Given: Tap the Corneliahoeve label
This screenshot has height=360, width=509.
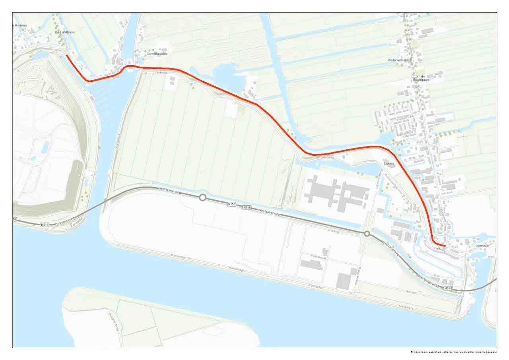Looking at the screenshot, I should [157, 54].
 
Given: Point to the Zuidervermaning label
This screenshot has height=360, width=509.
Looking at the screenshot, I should [400, 60].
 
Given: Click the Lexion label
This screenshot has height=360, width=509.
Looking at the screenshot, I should [389, 163].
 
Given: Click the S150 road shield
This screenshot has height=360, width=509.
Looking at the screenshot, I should [232, 204].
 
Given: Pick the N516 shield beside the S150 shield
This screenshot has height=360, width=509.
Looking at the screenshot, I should [247, 207].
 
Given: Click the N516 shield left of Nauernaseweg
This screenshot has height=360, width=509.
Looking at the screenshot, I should [45, 225].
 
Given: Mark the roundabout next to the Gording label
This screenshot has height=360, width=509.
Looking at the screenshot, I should [367, 234].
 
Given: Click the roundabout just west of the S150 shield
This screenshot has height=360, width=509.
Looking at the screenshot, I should [202, 197].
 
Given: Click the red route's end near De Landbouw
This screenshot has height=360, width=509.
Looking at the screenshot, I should [66, 55].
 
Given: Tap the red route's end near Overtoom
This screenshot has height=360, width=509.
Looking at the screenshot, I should [445, 247].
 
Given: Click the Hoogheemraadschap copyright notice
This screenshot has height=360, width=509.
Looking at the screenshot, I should [453, 352].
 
